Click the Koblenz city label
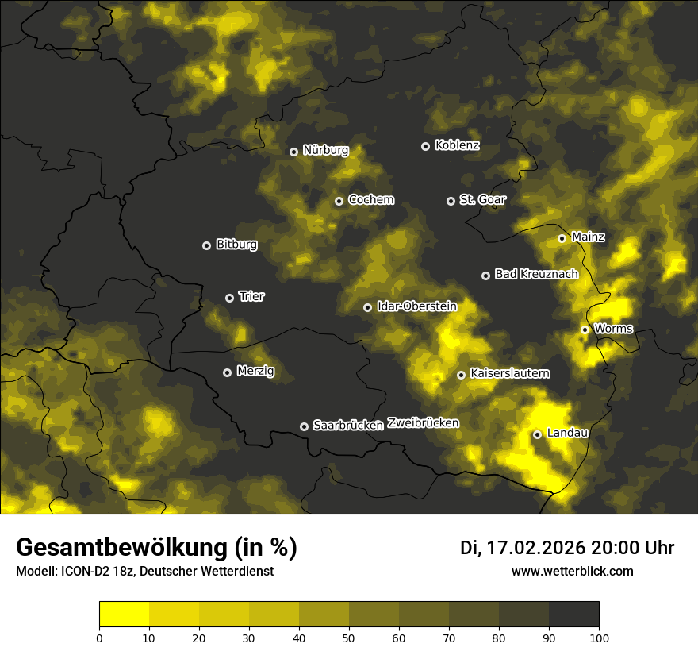[457, 145]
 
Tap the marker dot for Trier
[230, 298]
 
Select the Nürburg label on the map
[325, 150]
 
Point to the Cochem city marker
[339, 201]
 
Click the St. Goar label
[482, 199]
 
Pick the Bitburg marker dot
[206, 245]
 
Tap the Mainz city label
[588, 237]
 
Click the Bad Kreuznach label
[536, 274]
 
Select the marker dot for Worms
[585, 329]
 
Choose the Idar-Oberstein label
[416, 306]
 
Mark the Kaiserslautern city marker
[461, 375]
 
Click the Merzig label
[255, 371]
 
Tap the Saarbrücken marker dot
[304, 426]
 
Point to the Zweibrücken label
[423, 423]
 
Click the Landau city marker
[537, 434]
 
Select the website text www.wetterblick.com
[572, 571]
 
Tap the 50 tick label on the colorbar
[349, 637]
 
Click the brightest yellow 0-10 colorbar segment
[124, 615]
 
